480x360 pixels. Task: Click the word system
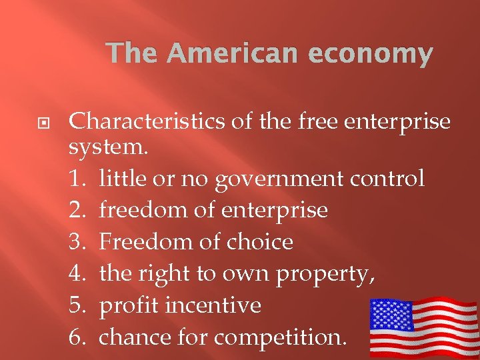click(x=101, y=149)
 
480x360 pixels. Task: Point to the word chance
click(x=135, y=337)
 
